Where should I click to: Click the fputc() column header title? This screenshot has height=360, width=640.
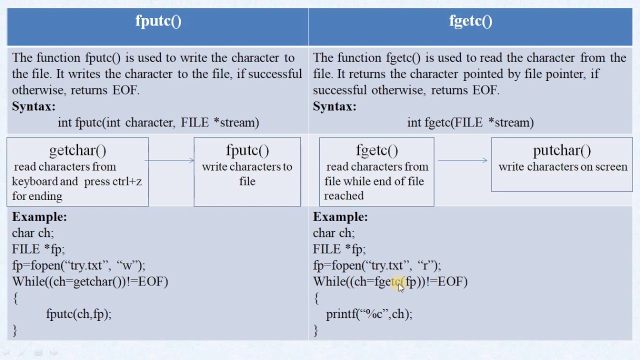click(158, 21)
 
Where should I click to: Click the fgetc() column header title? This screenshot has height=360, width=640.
click(470, 21)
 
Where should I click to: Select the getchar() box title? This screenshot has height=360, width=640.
click(77, 150)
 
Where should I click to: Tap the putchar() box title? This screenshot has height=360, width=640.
click(562, 150)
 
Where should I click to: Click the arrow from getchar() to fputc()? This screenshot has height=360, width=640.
click(170, 160)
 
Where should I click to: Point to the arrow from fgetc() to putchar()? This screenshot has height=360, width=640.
click(462, 160)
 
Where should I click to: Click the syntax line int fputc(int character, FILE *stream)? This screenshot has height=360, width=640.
click(158, 122)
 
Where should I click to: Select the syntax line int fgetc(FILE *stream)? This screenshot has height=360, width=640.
click(470, 122)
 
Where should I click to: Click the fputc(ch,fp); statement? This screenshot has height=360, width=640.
click(78, 314)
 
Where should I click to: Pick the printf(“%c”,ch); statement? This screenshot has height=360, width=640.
click(369, 314)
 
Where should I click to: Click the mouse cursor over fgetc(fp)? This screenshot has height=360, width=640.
click(400, 287)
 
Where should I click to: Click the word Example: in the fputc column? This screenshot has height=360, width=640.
click(39, 217)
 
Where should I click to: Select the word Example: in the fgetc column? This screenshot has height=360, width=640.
click(340, 217)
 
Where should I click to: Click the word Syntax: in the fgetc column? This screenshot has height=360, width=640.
click(334, 106)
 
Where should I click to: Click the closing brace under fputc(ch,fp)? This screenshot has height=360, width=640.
click(15, 330)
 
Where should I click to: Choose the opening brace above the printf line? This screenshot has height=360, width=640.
click(316, 298)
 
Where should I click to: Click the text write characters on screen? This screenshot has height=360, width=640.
click(562, 167)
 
